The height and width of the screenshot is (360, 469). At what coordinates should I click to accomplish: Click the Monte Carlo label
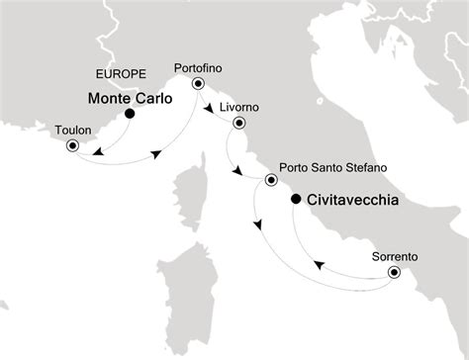[x=130, y=99]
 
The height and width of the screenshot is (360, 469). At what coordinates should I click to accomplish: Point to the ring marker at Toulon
[x=72, y=146]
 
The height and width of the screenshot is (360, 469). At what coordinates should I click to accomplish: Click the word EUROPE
[x=119, y=74]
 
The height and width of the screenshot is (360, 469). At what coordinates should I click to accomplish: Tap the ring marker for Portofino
[x=197, y=84]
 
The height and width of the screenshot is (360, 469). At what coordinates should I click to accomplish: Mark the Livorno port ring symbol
[x=238, y=124]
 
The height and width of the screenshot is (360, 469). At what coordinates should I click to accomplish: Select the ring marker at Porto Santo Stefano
[x=271, y=181]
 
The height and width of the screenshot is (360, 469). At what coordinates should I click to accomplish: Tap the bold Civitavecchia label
[x=352, y=199]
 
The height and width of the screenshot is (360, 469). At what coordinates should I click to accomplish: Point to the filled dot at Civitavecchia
[x=296, y=200]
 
